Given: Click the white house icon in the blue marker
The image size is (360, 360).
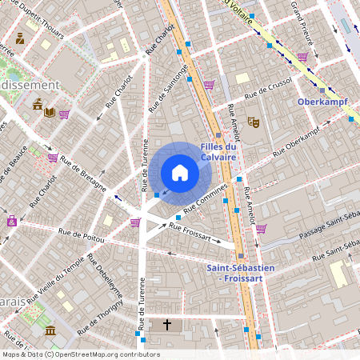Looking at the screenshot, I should tap(179, 173).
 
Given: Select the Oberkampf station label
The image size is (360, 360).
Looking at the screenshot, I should tap(320, 102).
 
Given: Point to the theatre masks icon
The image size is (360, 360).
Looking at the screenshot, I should tap(254, 122).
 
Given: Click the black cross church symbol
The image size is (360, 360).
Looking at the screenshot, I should tap(167, 325).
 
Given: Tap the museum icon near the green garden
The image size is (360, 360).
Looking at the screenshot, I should tap(50, 330).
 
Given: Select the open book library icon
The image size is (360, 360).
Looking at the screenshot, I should tap(50, 112).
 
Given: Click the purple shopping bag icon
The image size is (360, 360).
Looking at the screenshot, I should tap(11, 221).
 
